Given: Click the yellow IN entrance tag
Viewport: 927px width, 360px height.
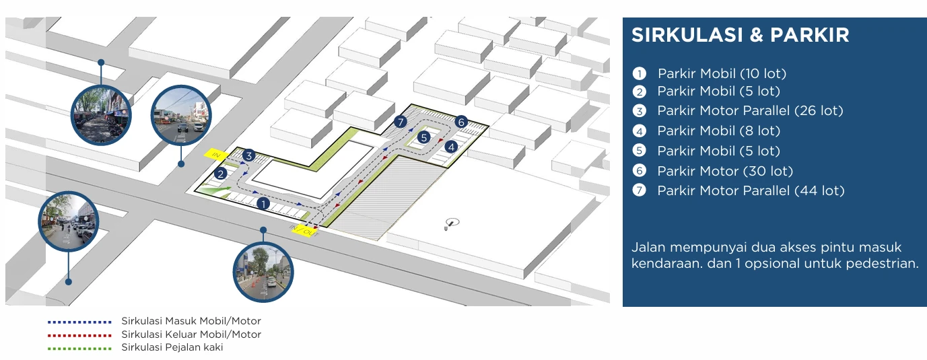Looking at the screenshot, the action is pos(216,154).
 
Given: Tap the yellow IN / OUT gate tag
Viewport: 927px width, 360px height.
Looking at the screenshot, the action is pos(304,231).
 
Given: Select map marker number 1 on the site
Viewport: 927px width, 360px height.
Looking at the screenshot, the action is pos(263,204).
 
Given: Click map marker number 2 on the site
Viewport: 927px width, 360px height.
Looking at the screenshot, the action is pos(221,174).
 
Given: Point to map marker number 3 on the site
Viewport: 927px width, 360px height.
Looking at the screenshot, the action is pos(248,155).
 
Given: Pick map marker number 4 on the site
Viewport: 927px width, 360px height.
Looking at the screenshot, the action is pos(451,147).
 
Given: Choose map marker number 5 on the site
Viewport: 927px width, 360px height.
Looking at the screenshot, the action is pos(423,137).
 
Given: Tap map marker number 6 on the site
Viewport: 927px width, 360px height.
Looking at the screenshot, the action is pos(461,122).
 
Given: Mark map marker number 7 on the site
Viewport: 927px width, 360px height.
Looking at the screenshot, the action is pos(400,122).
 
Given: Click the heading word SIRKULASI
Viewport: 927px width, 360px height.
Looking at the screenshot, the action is pos(687,35).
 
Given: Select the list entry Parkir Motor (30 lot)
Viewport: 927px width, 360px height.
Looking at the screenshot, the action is pos(725,171).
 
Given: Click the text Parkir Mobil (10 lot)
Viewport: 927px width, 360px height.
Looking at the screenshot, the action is pos(722,73).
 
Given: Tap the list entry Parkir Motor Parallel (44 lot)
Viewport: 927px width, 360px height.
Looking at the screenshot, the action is pos(751,190).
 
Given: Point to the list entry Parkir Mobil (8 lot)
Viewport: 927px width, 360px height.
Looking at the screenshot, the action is pos(719,131).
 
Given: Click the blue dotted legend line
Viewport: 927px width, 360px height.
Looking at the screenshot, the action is pos(79,322).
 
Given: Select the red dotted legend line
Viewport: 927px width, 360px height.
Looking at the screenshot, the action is pos(79,335).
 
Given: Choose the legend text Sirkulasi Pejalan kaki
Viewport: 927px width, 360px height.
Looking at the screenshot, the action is pos(172,347).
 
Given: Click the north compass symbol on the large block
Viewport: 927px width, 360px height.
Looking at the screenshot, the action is pos(452,223).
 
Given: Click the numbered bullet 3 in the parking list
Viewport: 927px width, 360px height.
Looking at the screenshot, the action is pos(640,111).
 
